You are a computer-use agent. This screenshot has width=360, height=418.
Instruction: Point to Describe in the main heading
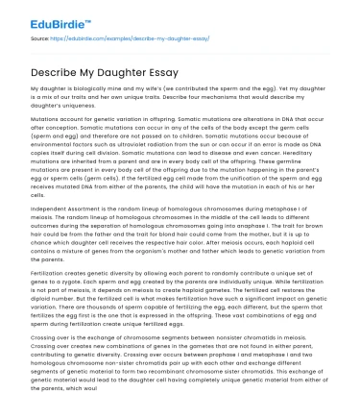47,71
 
